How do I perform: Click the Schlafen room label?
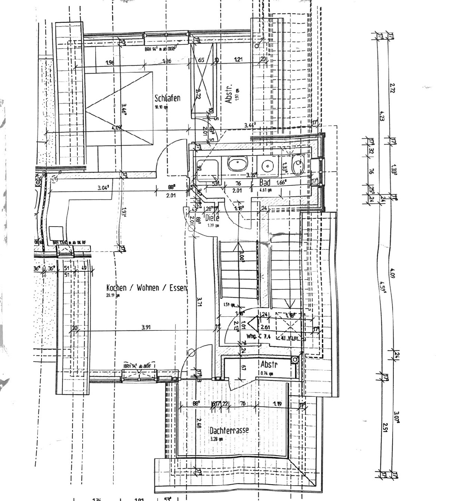pos(168,98)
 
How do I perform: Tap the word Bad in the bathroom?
pos(265,183)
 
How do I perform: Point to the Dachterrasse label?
pos(229,430)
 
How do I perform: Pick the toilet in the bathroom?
pos(298,165)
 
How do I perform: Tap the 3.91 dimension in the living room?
pos(146,328)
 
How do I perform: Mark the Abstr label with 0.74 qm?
pos(269,365)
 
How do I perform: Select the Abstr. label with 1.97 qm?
pos(229,93)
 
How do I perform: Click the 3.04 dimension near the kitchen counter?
pos(103,188)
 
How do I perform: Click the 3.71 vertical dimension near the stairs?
pos(199,302)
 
